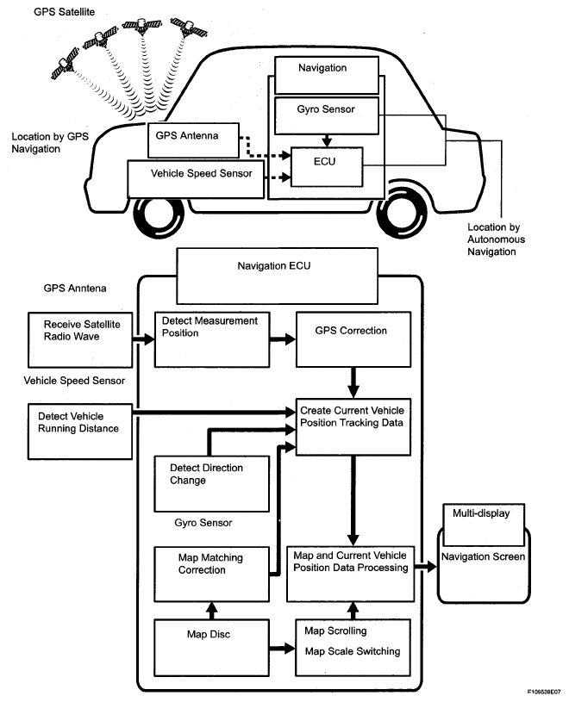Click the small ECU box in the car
[x=327, y=165]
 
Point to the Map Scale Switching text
[x=353, y=652]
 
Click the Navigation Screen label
[x=483, y=557]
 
